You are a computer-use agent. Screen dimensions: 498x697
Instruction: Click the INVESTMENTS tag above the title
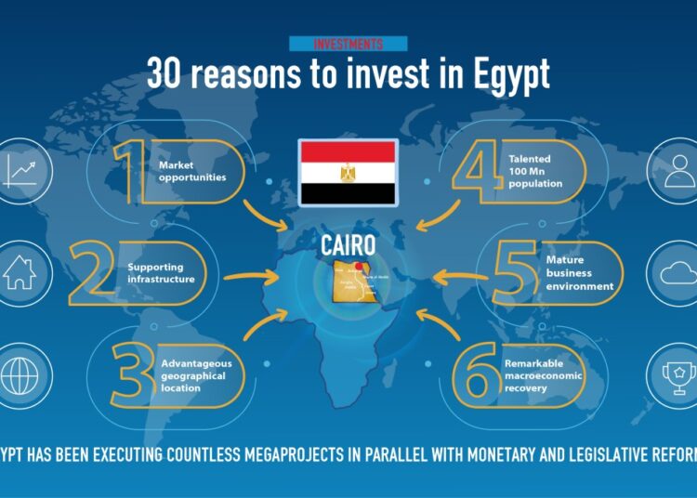pyautogui.click(x=348, y=44)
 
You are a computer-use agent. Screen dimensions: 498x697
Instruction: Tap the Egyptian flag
pyautogui.click(x=348, y=173)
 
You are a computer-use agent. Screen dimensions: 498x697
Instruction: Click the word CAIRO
pyautogui.click(x=348, y=246)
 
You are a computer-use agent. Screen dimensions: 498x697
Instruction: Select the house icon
pyautogui.click(x=20, y=272)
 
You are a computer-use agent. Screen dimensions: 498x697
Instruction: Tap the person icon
pyautogui.click(x=676, y=171)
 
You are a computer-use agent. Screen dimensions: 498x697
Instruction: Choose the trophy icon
pyautogui.click(x=676, y=373)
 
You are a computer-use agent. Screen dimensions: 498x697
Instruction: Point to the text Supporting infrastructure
pyautogui.click(x=162, y=273)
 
